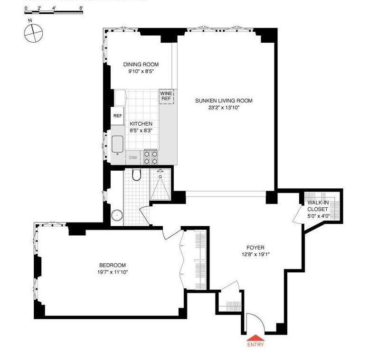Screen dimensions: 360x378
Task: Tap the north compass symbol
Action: (33, 33)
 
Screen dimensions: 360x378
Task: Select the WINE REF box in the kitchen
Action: (166, 97)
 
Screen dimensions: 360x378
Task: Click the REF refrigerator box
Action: (117, 115)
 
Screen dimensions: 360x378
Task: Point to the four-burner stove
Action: (151, 157)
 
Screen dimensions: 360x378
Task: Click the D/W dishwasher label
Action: (132, 158)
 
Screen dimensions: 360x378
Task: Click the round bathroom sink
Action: (117, 216)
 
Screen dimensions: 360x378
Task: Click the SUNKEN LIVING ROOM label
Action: (223, 101)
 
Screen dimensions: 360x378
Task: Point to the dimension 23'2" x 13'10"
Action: (223, 108)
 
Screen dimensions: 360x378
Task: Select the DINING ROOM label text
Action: (141, 65)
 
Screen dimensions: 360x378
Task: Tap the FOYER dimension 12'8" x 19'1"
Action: (255, 255)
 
